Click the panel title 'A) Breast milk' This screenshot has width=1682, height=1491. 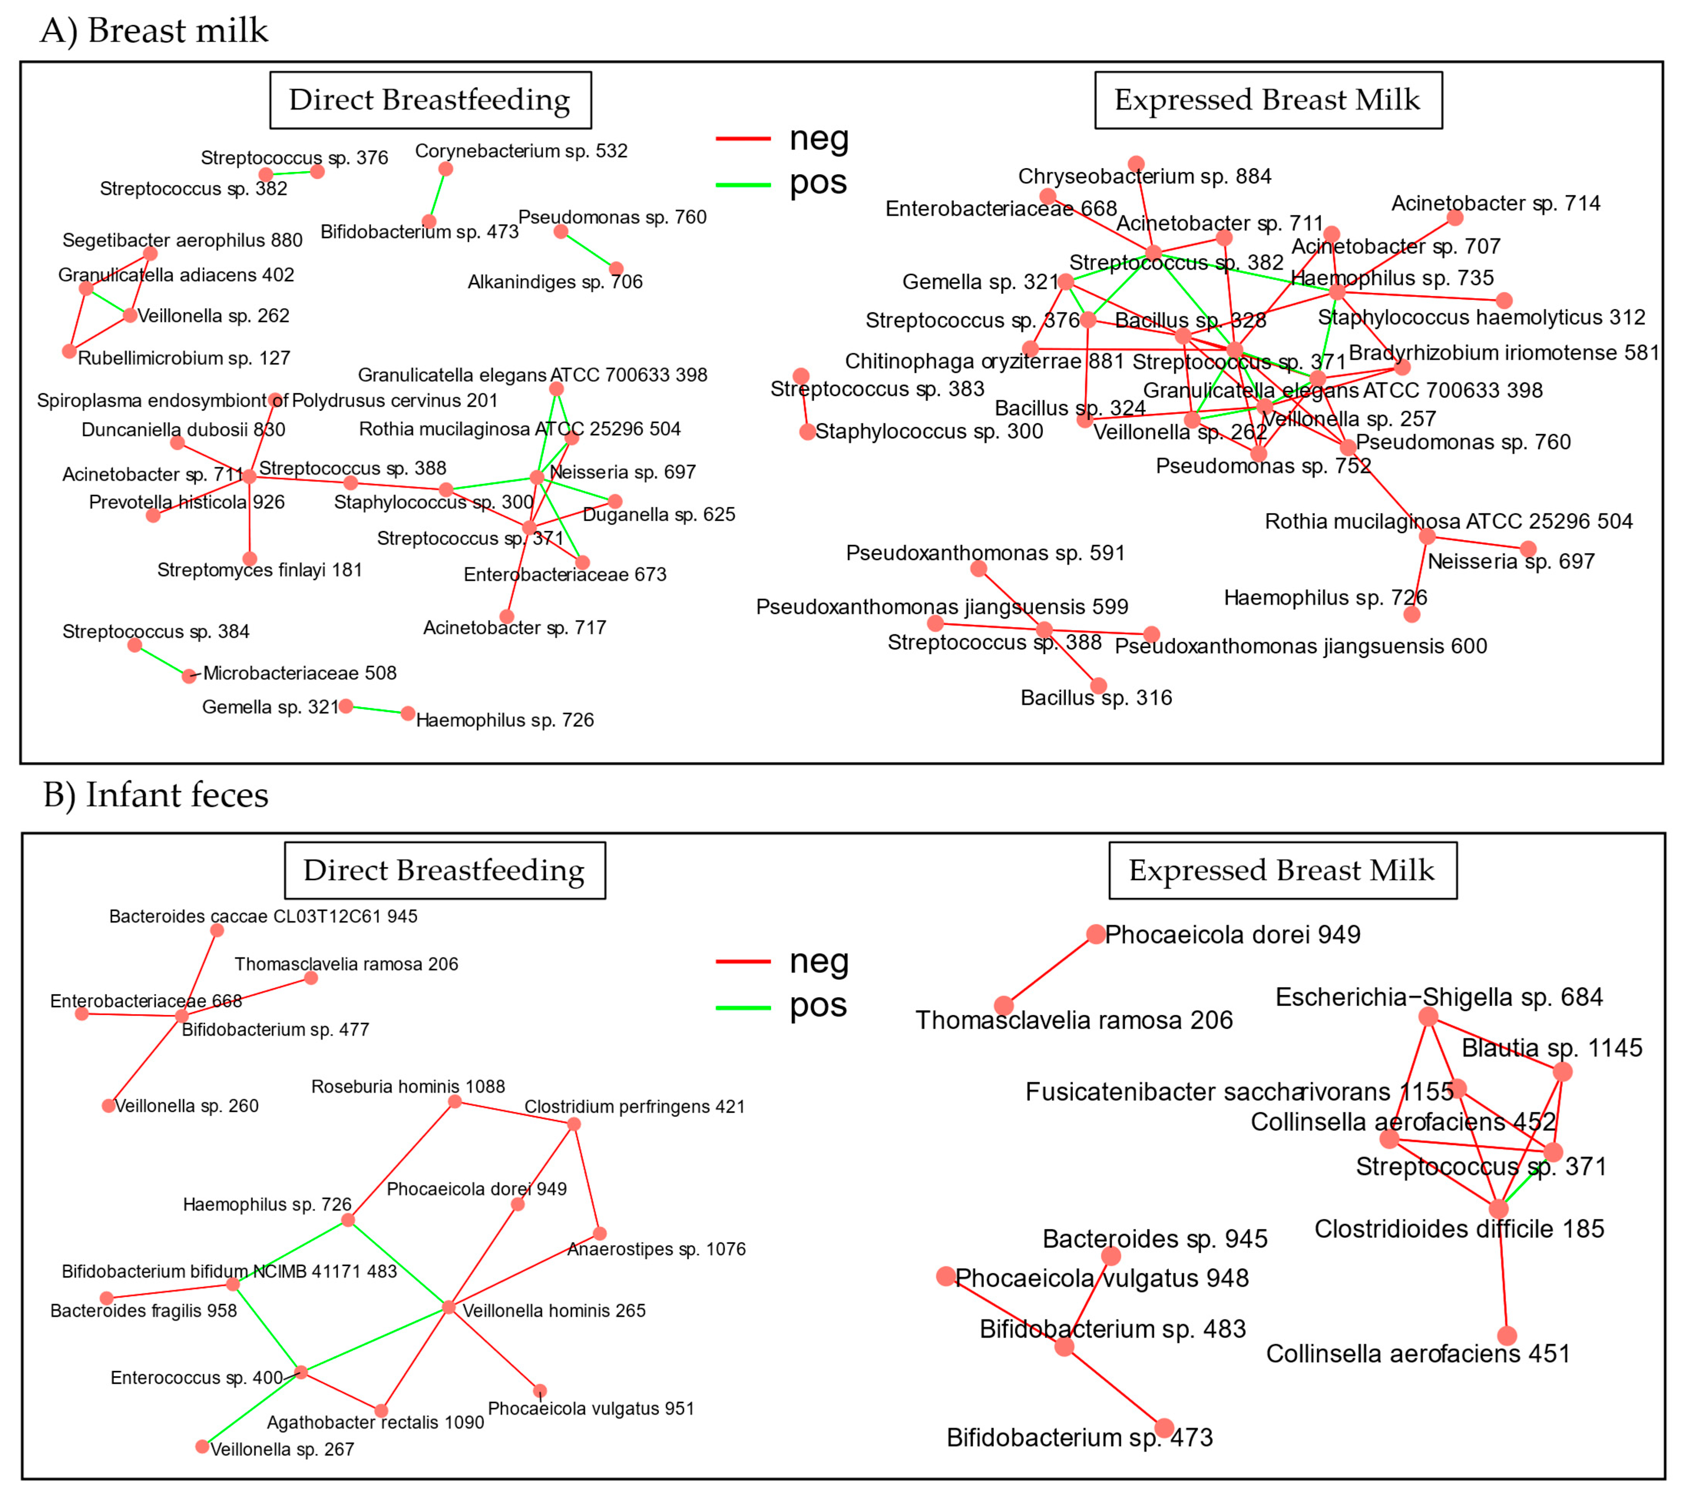tap(154, 31)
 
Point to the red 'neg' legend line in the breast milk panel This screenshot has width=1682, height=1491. tap(743, 138)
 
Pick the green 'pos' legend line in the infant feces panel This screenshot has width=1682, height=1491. tap(743, 1007)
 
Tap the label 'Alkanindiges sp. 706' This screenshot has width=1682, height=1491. tap(555, 282)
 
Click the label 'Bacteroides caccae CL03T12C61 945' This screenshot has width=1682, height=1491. tap(263, 916)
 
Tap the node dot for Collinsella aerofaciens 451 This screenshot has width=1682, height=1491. tap(1507, 1335)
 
